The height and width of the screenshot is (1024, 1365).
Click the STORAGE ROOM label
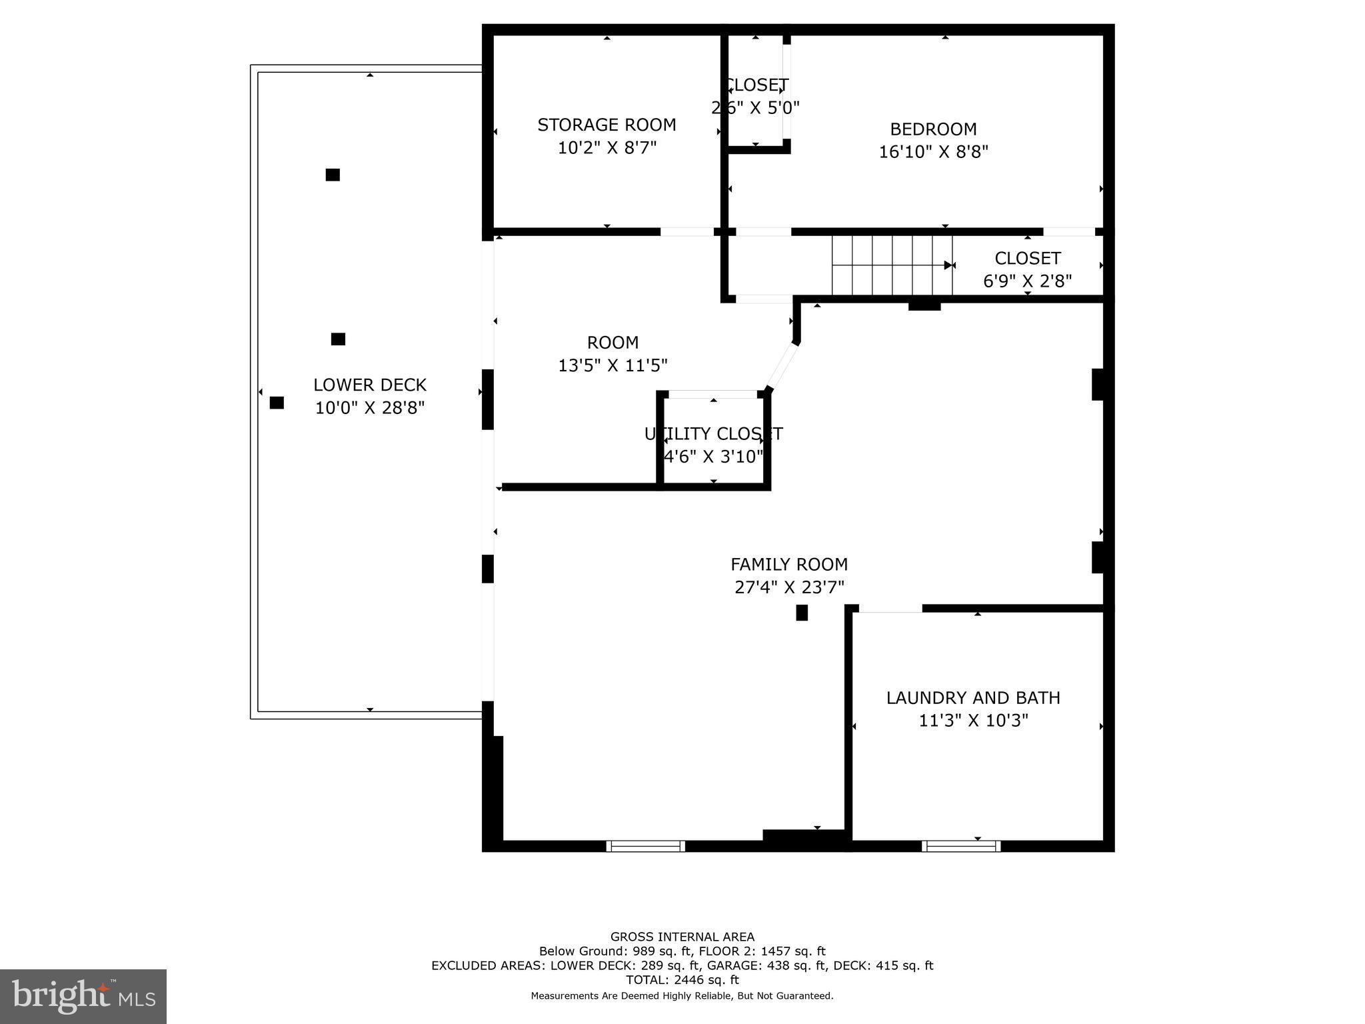click(x=607, y=125)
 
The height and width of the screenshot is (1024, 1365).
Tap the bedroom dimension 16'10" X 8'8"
click(x=933, y=152)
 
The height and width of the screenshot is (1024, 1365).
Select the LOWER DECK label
click(x=370, y=385)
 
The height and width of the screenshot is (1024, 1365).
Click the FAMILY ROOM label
click(x=789, y=565)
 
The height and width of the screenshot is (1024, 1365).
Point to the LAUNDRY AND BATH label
click(x=973, y=698)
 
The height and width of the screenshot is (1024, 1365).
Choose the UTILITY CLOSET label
click(x=713, y=434)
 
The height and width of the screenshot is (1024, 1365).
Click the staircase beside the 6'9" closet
click(x=891, y=265)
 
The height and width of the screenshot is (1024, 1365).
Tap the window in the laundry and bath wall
click(x=961, y=846)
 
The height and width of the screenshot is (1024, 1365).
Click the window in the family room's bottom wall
click(x=645, y=846)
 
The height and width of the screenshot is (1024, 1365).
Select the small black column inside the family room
click(x=802, y=613)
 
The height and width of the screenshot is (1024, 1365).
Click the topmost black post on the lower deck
click(x=333, y=175)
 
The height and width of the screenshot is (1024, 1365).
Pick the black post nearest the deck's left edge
click(x=277, y=403)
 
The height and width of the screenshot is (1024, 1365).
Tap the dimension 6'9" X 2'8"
click(x=1027, y=281)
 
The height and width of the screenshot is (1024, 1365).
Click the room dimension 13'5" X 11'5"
click(x=613, y=365)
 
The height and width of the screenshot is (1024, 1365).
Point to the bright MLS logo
click(x=83, y=996)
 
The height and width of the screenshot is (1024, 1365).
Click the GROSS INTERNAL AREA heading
click(x=682, y=937)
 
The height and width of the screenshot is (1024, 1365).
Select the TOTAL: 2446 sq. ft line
click(x=682, y=979)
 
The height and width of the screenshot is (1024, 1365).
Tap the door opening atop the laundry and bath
click(x=890, y=608)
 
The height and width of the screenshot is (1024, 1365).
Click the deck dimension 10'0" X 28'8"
click(x=370, y=408)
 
